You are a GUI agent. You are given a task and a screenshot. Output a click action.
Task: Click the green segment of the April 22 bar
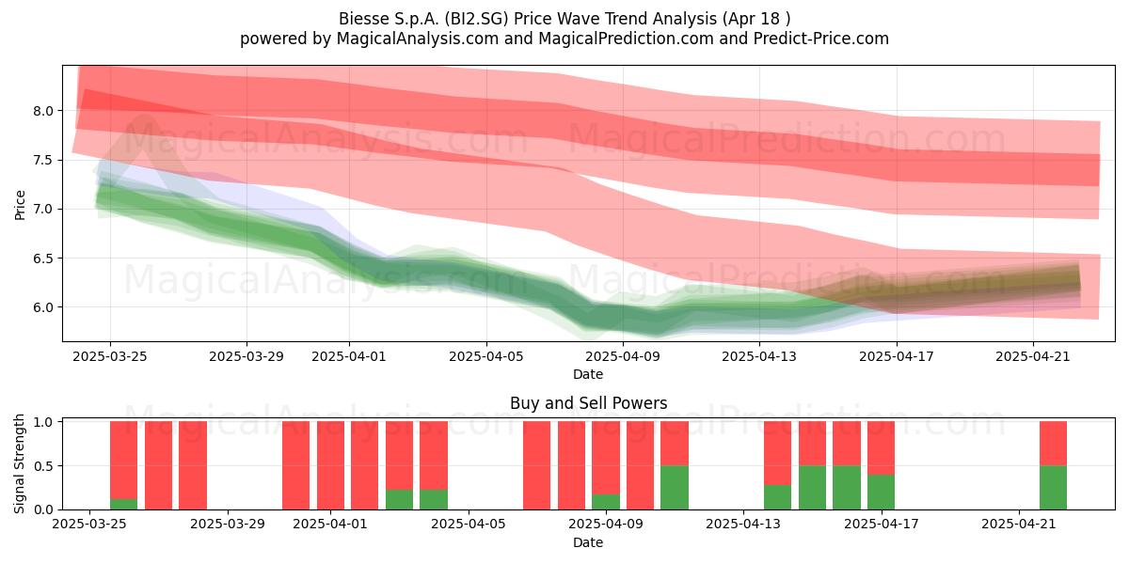click(1053, 487)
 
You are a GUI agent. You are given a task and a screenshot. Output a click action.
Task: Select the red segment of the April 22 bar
click(1053, 443)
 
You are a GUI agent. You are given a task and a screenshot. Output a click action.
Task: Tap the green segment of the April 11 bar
click(675, 487)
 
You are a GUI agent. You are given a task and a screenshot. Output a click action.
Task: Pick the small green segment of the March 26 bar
click(123, 504)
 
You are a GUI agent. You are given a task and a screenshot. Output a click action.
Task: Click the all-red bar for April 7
click(537, 465)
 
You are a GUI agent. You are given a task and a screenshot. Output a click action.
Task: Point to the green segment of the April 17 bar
click(881, 492)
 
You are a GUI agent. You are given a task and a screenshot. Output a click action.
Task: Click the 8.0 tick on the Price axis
click(43, 111)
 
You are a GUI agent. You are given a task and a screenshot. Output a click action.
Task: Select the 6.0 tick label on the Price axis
click(43, 307)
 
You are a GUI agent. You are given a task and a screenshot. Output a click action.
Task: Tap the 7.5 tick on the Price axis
click(43, 160)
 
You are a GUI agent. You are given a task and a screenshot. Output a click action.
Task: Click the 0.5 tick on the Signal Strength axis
click(43, 466)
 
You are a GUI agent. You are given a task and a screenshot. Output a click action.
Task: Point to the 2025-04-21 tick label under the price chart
click(1033, 356)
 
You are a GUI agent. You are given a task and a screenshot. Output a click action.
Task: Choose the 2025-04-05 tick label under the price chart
click(486, 356)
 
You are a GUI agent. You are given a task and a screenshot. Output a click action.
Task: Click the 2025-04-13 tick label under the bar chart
click(743, 525)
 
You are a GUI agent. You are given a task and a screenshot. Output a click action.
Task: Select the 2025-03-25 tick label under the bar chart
click(89, 525)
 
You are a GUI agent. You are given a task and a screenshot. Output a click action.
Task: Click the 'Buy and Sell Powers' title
click(589, 403)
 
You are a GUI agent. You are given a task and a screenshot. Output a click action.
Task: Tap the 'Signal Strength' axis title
click(19, 463)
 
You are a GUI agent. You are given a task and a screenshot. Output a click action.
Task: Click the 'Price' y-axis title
click(20, 205)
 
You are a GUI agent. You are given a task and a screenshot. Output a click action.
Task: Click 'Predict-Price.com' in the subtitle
click(821, 39)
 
